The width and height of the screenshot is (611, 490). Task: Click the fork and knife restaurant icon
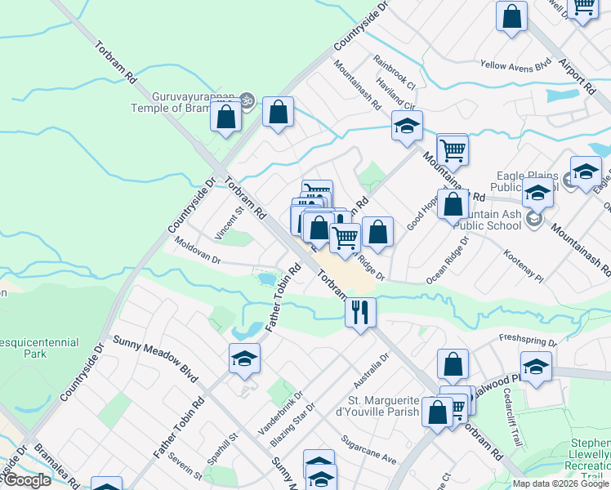pos(359,311)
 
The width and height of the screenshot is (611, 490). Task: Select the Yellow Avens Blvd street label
pos(516,65)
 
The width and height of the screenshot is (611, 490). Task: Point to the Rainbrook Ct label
pos(395,72)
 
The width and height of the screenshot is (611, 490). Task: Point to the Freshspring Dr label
pos(527,338)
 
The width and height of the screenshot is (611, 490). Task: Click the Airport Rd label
pos(577,69)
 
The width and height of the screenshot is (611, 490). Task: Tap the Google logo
pos(27,481)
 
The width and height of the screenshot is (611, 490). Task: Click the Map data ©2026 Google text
pos(560,483)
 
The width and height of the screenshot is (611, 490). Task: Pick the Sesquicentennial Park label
pos(39,349)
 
